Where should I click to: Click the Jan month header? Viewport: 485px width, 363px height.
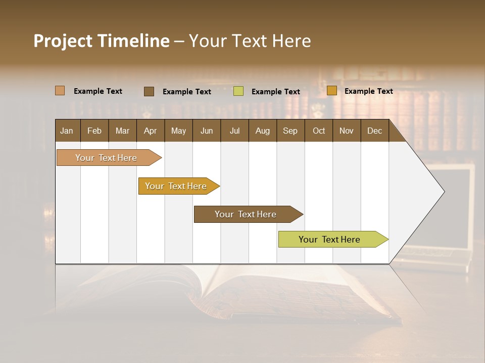tap(67, 131)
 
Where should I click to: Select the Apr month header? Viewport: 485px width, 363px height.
tap(150, 131)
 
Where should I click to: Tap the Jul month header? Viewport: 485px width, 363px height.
tap(234, 131)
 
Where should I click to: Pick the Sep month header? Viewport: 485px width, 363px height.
tap(290, 131)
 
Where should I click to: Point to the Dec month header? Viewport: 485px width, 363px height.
tap(374, 131)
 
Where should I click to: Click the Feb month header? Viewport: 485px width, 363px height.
tap(94, 131)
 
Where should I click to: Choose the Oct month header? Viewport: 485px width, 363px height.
tap(319, 131)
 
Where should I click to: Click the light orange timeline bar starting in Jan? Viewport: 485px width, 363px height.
tap(106, 158)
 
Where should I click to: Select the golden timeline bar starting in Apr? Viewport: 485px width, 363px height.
tap(176, 186)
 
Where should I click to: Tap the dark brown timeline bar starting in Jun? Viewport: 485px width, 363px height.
tap(246, 214)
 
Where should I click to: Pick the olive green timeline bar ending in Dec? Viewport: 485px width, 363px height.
tap(329, 239)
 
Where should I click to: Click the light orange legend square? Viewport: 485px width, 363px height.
tap(60, 91)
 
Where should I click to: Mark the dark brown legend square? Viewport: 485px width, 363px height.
tap(149, 91)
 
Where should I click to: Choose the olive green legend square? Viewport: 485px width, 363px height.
tap(238, 91)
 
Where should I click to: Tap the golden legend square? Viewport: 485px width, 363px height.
tap(332, 91)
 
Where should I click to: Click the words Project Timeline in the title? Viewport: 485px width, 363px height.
tap(101, 41)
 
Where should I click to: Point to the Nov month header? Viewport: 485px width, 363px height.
tap(347, 131)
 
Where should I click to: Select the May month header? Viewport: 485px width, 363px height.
tap(178, 131)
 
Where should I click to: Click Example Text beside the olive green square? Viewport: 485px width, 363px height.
tap(275, 92)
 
